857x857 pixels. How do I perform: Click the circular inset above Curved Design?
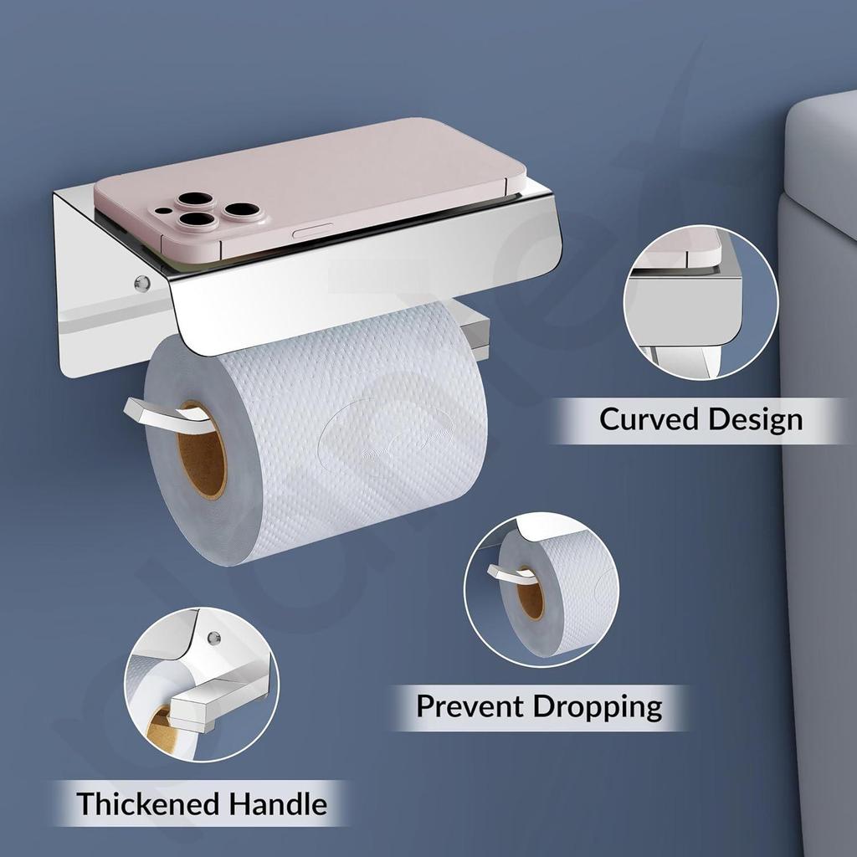tap(700, 303)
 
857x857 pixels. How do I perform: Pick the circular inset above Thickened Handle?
tap(202, 685)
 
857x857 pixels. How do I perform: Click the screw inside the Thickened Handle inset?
tap(213, 638)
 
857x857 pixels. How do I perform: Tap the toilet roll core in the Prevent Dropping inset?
tap(531, 593)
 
